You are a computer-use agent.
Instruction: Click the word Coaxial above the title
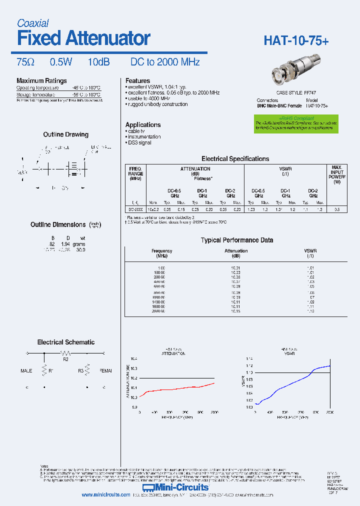[x=32, y=23]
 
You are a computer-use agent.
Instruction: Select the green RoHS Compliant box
[x=295, y=123]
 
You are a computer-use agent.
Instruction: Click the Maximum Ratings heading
[x=41, y=81]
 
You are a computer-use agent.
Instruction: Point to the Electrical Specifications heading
[x=235, y=159]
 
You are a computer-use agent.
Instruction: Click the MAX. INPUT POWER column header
[x=337, y=175]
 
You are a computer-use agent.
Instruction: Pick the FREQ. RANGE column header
[x=135, y=173]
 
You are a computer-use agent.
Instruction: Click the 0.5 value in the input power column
[x=337, y=209]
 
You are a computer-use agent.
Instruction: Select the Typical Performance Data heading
[x=236, y=240]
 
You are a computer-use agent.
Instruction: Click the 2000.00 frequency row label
[x=158, y=311]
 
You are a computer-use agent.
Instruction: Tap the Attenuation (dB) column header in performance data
[x=235, y=253]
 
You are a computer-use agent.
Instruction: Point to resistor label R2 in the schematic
[x=65, y=359]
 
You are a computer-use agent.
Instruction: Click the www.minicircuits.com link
[x=106, y=495]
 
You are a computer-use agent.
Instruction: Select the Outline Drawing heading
[x=65, y=134]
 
